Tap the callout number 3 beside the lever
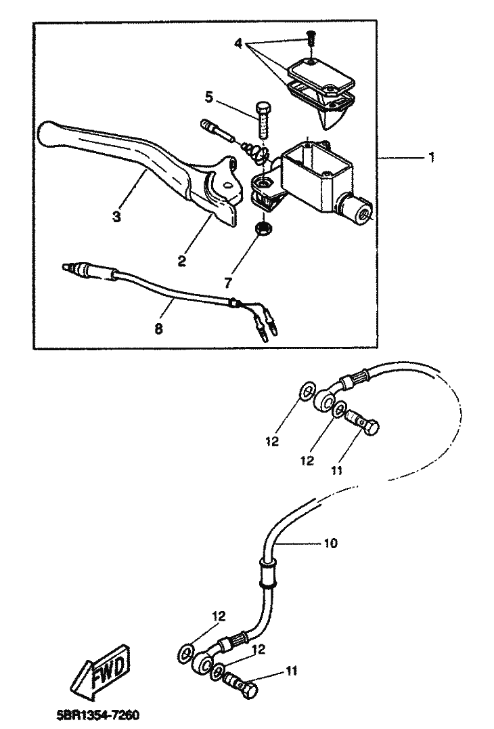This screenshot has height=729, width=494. (116, 217)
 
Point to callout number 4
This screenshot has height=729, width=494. (238, 43)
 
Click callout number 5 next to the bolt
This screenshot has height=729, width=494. (209, 98)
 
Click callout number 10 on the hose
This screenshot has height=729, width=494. (331, 543)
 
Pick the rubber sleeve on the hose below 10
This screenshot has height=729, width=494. (268, 572)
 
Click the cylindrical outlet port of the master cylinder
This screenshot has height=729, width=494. (356, 208)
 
